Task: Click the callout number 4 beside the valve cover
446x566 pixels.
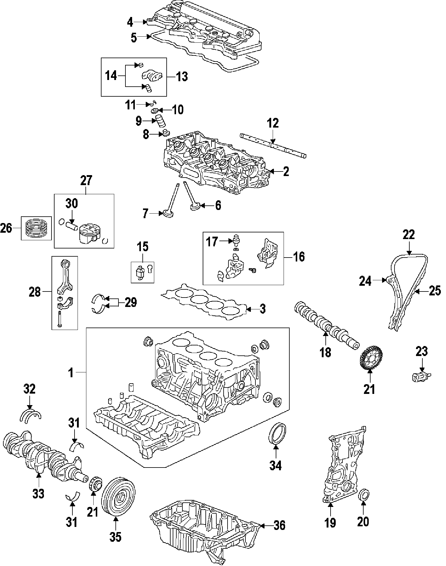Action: click(130, 22)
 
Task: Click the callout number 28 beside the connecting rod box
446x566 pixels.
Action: click(35, 292)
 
